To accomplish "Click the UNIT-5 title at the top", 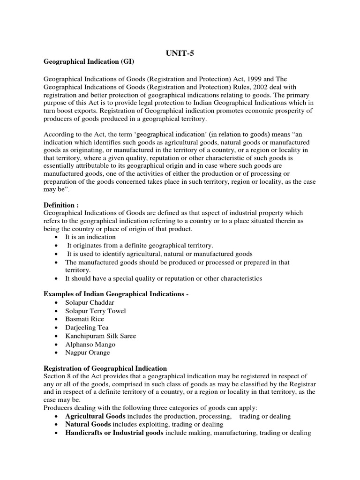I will click(x=180, y=53).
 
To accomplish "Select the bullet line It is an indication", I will click(x=90, y=237).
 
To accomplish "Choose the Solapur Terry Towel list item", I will click(x=96, y=310).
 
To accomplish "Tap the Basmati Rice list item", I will click(x=84, y=319).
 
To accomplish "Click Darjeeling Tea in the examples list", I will click(x=87, y=327).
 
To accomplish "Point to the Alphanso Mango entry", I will click(x=90, y=344).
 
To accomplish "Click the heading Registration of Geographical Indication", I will click(x=105, y=368).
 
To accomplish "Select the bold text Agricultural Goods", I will click(x=95, y=416).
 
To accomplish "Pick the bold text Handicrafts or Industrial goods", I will click(x=114, y=433).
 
